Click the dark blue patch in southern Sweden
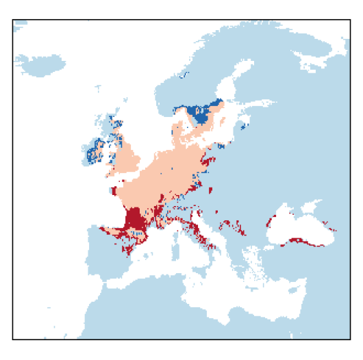(201, 114)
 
